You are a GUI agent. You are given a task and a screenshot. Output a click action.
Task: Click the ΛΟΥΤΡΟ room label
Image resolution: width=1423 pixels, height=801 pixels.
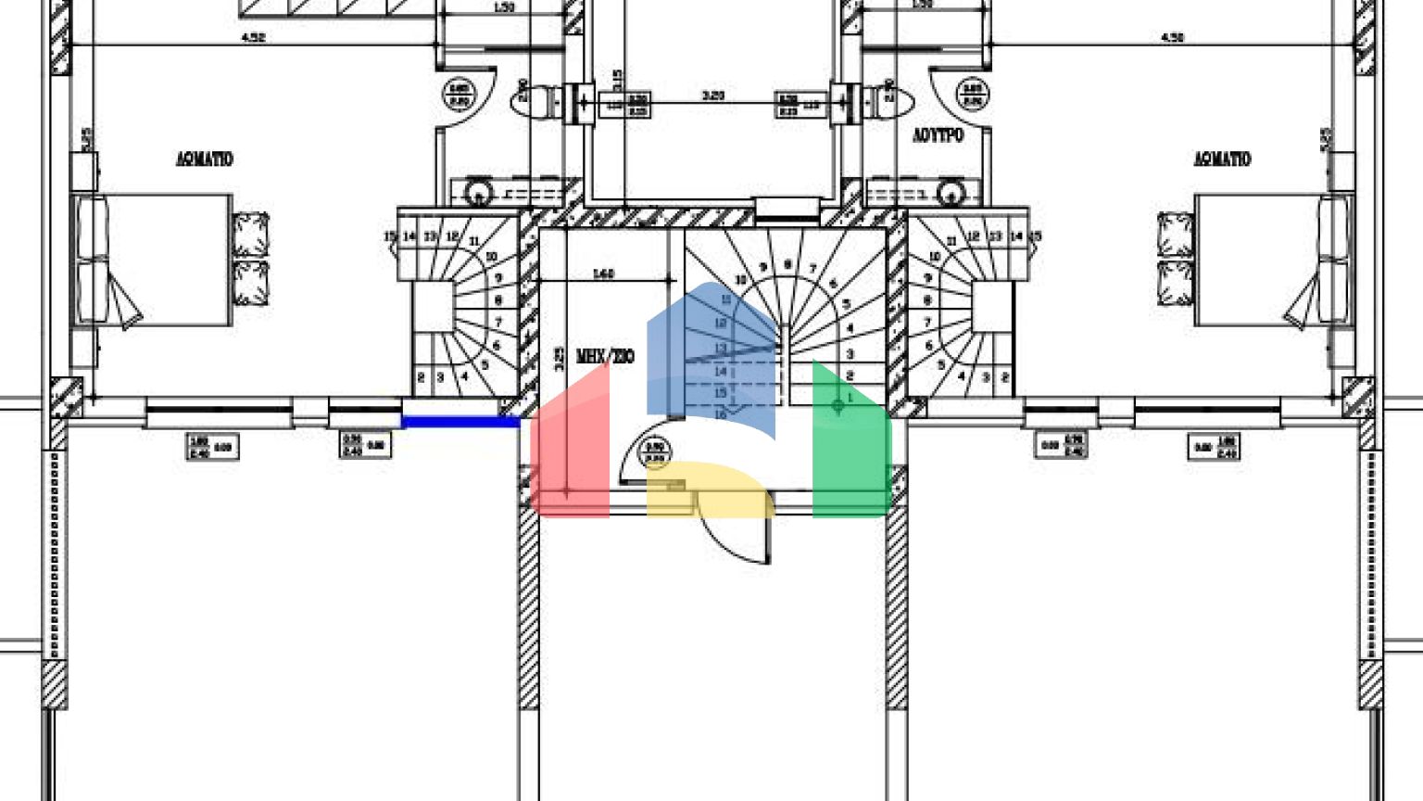[x=938, y=135]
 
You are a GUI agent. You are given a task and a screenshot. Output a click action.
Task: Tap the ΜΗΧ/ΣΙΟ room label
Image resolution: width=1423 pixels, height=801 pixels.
[x=605, y=356]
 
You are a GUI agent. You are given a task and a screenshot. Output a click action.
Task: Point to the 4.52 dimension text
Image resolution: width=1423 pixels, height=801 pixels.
[x=253, y=38]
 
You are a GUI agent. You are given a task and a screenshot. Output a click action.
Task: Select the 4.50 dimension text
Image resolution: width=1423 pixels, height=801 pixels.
[x=1172, y=38]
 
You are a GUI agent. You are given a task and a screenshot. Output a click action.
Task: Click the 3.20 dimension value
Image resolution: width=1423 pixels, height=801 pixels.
[x=712, y=95]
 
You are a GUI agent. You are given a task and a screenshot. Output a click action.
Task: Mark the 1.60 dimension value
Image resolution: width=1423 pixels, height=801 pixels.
[x=603, y=273]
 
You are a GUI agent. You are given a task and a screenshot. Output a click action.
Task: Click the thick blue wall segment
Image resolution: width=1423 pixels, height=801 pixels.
[x=460, y=422]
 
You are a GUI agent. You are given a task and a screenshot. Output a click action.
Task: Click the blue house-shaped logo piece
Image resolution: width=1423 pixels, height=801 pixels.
[x=711, y=357]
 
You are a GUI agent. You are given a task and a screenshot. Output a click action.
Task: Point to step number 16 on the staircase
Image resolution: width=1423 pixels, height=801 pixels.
[x=721, y=413]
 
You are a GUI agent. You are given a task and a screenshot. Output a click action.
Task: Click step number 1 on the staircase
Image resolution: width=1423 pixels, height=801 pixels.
[x=850, y=397]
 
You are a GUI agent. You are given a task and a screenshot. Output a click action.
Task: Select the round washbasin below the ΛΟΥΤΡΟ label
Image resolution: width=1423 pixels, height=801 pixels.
[x=951, y=194]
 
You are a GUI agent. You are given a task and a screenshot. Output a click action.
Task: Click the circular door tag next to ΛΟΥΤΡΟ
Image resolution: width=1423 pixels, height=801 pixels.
[x=971, y=94]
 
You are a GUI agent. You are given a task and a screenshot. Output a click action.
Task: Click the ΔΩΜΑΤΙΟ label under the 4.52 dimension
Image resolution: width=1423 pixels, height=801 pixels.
[x=205, y=159]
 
